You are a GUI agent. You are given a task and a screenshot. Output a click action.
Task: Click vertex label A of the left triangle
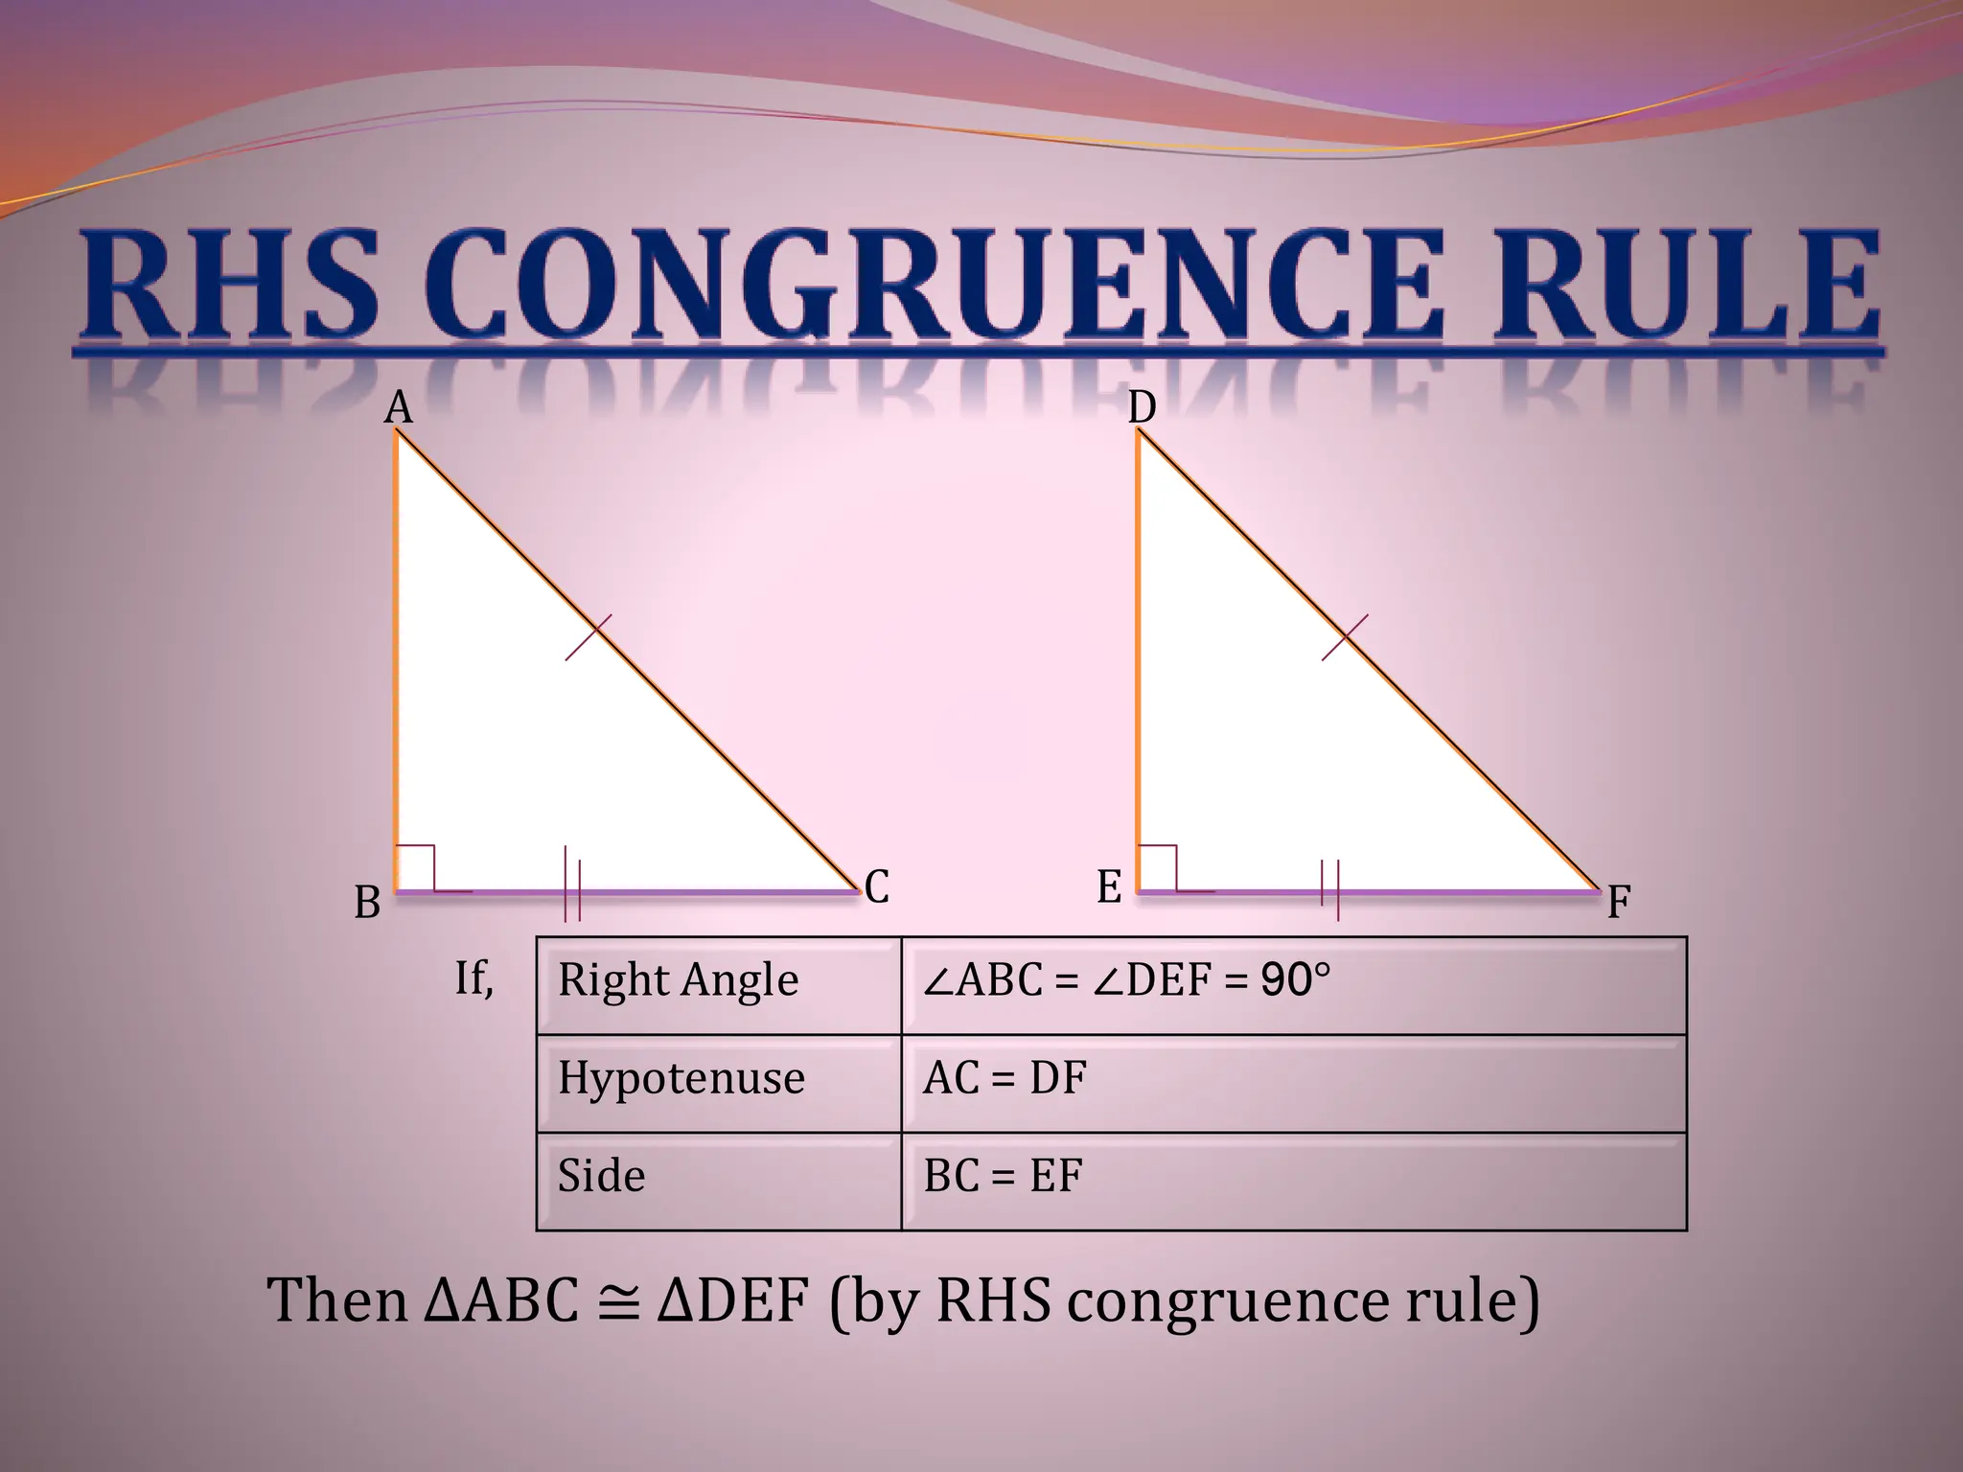pos(398,408)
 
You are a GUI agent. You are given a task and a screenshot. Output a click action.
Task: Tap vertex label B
pos(367,903)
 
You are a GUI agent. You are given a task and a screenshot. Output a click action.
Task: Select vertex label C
pos(876,886)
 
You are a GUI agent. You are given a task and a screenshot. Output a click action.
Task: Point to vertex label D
pos(1142,408)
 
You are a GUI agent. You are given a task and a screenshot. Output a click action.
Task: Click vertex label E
pos(1109,886)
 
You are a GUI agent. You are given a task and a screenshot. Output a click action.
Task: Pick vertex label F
pos(1619,903)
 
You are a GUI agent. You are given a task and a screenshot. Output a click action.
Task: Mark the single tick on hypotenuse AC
pos(589,637)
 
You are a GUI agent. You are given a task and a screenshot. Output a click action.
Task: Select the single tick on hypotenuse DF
pos(1345,637)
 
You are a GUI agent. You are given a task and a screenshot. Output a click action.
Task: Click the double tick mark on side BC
pos(572,884)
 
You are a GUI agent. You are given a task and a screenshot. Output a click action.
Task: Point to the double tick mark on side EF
pos(1329,884)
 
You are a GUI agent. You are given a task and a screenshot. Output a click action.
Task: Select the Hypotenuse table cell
pos(681,1079)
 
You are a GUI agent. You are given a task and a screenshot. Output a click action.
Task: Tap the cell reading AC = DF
pos(1005,1079)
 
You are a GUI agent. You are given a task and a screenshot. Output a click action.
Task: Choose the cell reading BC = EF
pos(1003,1177)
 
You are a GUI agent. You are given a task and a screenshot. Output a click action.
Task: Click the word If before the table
pos(473,979)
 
